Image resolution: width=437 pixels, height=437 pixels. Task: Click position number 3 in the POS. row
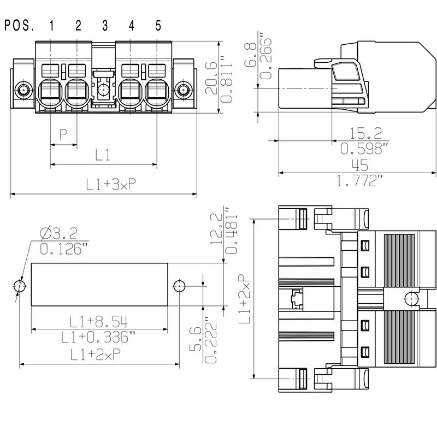[x=104, y=26]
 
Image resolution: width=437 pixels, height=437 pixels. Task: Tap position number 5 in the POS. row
[x=158, y=26]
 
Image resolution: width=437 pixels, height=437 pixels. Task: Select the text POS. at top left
[x=20, y=26]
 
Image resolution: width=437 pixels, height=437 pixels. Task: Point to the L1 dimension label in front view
[x=103, y=155]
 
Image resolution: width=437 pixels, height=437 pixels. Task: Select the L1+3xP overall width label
[x=104, y=185]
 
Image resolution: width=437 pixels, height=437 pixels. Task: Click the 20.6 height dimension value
[x=210, y=78]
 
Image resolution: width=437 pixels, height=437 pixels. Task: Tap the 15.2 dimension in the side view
[x=362, y=133]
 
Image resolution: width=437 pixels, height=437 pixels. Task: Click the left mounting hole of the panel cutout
[x=20, y=286]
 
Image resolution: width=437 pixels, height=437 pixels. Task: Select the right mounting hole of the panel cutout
[x=179, y=286]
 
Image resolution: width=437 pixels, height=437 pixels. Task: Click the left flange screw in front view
[x=23, y=90]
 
